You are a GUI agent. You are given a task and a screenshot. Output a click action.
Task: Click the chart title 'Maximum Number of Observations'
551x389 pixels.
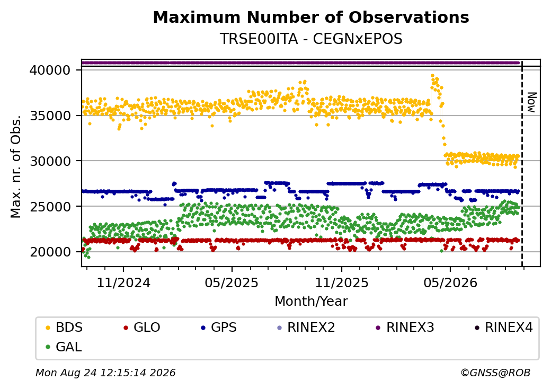click(311, 17)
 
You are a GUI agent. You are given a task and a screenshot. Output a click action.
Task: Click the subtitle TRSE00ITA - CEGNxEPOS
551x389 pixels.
click(311, 39)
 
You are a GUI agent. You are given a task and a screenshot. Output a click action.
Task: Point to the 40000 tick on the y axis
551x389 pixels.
click(50, 70)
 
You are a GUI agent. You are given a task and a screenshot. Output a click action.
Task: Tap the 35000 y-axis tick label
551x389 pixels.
click(50, 116)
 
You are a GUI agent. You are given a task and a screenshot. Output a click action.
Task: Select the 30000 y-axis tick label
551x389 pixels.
click(50, 161)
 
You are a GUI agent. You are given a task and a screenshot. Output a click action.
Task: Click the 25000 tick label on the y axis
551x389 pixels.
click(50, 207)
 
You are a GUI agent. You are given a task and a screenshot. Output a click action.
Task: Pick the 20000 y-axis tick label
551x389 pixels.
click(50, 252)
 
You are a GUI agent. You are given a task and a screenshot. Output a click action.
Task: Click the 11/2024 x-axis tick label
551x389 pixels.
click(123, 282)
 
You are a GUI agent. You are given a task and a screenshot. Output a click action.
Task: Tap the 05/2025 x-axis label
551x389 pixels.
click(232, 282)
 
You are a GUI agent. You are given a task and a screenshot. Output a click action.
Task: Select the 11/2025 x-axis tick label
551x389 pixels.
click(342, 282)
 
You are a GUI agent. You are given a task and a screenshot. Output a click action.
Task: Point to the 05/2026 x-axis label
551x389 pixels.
click(450, 282)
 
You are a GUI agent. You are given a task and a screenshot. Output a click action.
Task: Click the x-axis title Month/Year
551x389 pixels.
click(311, 302)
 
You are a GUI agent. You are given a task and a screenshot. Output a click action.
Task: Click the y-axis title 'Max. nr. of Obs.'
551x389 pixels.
click(16, 166)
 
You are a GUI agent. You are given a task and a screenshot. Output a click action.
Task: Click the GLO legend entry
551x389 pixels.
click(142, 328)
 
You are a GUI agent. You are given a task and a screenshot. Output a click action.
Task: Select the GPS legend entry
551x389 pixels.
click(219, 328)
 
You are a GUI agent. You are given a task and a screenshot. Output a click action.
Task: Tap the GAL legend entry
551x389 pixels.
click(64, 347)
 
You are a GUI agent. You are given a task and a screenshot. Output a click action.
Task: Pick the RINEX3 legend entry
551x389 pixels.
click(405, 328)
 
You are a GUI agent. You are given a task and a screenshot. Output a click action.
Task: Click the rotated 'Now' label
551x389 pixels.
click(532, 103)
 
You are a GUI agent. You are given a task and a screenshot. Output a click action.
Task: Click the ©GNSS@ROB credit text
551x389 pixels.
click(495, 373)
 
